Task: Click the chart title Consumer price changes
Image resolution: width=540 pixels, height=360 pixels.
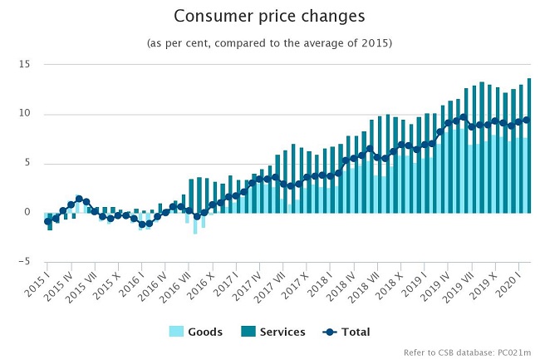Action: tap(269, 17)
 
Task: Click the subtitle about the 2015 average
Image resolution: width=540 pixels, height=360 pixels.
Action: tap(269, 42)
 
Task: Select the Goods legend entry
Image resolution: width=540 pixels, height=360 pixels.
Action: tap(205, 332)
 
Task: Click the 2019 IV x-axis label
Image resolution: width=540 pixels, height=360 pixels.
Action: tap(440, 284)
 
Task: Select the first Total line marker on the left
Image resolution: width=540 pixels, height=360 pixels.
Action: tap(47, 221)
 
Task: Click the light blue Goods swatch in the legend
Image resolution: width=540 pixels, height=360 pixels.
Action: tap(176, 332)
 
